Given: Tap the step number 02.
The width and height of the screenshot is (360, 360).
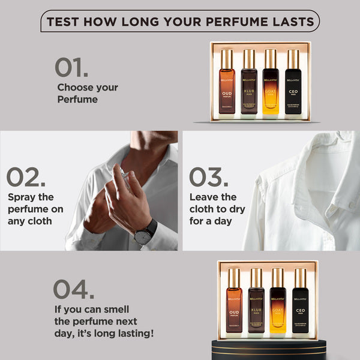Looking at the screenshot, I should tap(26, 178).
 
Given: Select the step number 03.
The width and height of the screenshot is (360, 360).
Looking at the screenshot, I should tap(208, 178).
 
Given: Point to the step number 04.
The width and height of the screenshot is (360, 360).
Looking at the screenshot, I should tap(73, 290).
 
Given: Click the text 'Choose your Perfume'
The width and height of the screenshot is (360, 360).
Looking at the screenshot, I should tap(87, 93).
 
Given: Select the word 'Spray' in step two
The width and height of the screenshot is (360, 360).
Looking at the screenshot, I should tap(23, 197).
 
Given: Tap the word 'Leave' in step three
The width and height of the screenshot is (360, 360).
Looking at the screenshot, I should tap(205, 197).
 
